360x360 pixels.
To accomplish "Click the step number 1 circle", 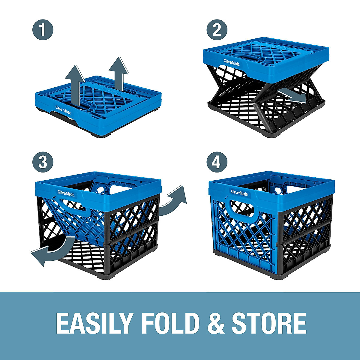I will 43,30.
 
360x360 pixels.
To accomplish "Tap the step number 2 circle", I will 217,30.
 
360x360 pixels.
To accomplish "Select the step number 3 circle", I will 43,162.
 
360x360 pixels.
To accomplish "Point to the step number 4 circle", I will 217,162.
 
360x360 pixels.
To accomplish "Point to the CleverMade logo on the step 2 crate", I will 231,61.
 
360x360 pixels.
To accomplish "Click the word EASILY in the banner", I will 94,323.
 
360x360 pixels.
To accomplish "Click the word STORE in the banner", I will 269,323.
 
